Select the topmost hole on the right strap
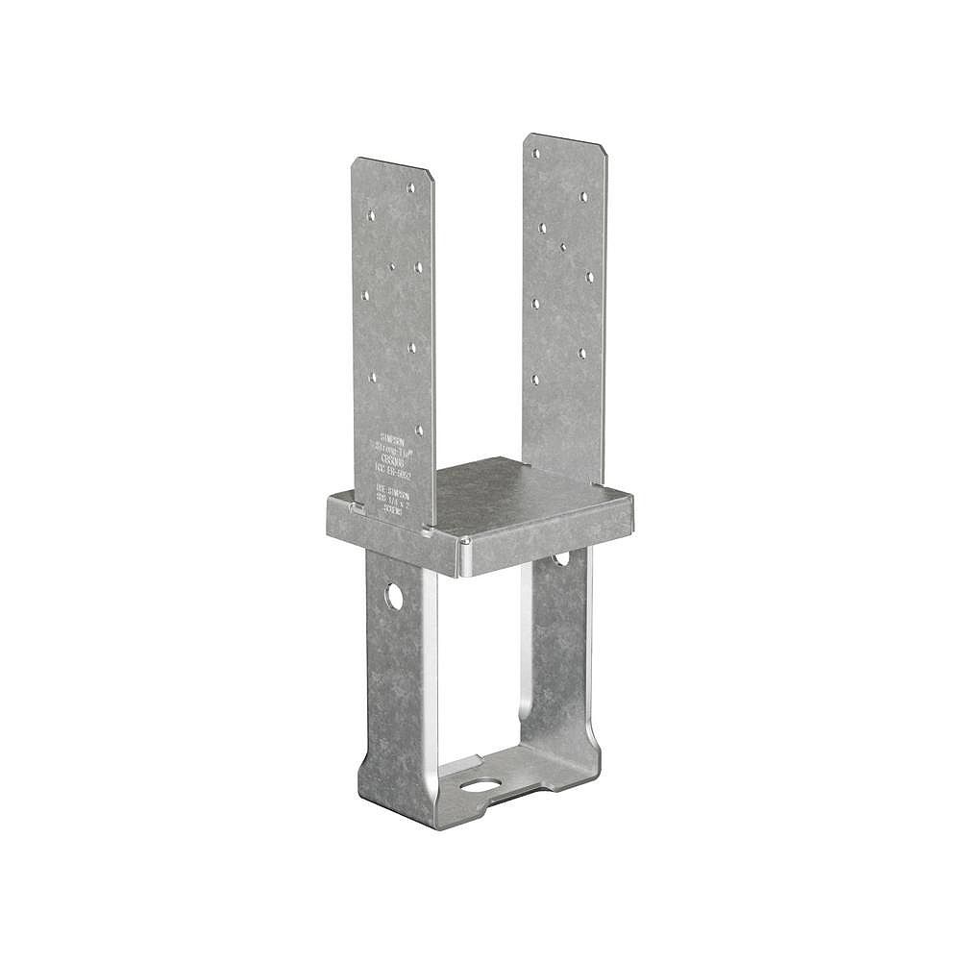535,152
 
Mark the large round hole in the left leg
394,596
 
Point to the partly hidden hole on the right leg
560,557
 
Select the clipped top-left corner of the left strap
355,161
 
